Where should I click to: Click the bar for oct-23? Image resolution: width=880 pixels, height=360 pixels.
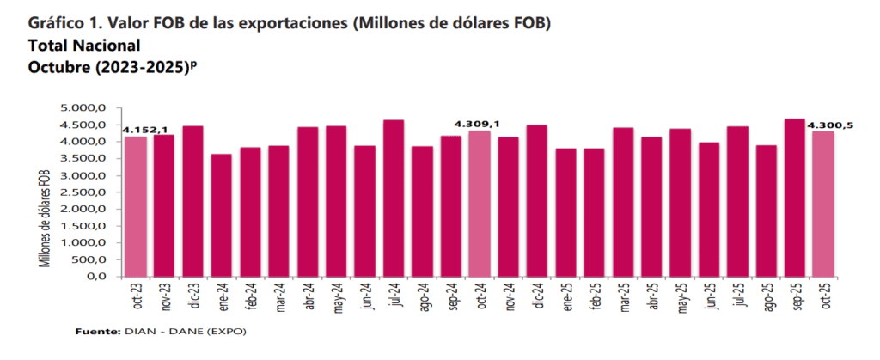click(x=135, y=206)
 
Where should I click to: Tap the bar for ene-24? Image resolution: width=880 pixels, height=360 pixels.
click(x=221, y=215)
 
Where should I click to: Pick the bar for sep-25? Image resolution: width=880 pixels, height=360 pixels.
click(x=794, y=197)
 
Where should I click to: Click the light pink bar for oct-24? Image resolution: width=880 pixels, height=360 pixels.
click(x=479, y=203)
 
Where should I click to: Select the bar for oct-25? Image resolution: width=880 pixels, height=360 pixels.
click(x=822, y=204)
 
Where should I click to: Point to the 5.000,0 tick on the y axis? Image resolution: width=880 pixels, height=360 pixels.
click(x=82, y=107)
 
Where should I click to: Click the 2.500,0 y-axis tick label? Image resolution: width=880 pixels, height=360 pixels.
click(x=82, y=192)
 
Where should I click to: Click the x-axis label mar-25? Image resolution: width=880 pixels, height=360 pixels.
click(x=622, y=301)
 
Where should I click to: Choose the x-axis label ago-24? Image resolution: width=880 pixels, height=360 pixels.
click(x=422, y=301)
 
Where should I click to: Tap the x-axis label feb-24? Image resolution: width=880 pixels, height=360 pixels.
click(x=250, y=301)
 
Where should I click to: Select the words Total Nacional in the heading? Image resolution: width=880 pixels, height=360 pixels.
click(x=84, y=45)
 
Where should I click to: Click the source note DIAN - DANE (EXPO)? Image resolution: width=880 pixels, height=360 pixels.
click(x=186, y=331)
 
